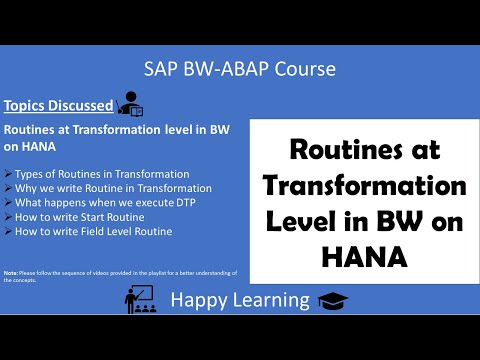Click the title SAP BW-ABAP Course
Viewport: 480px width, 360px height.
click(x=239, y=68)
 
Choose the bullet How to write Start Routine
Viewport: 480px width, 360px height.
click(x=82, y=216)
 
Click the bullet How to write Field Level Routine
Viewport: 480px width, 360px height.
click(x=95, y=230)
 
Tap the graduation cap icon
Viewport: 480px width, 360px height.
click(x=331, y=300)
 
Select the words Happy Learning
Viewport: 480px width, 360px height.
click(x=240, y=300)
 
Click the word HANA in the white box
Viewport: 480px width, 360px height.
click(x=364, y=257)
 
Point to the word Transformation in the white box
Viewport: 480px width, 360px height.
click(x=364, y=187)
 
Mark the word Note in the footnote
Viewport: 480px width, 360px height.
click(x=11, y=272)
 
